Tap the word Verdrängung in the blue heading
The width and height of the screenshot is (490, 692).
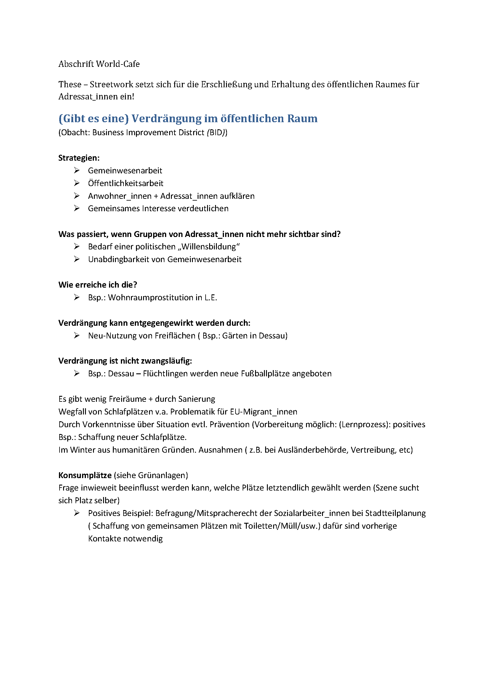(166, 118)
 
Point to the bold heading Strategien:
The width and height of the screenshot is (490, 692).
(79, 158)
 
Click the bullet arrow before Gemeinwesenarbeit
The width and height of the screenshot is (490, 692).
(77, 171)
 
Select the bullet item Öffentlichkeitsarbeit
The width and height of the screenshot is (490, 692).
(126, 183)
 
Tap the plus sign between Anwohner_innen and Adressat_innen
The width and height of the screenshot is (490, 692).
(156, 196)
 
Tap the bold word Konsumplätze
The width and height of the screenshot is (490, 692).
(85, 475)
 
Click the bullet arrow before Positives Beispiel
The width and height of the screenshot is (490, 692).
(77, 513)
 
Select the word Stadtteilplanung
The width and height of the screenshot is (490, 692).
(395, 513)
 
